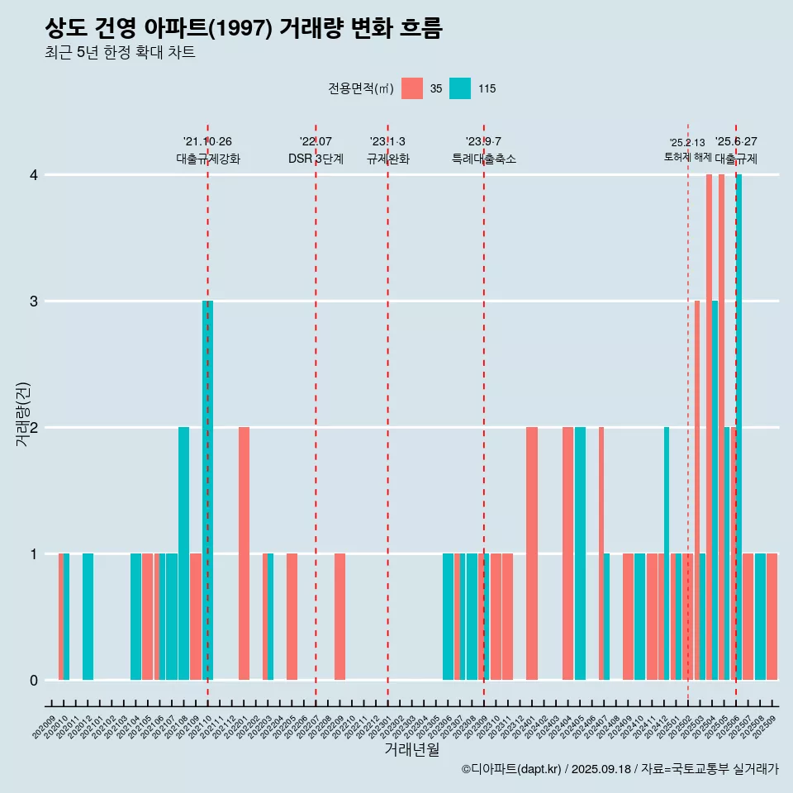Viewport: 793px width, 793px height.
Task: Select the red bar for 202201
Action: coord(244,553)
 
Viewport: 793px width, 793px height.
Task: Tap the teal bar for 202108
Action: coord(183,553)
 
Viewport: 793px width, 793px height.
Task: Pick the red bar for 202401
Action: coord(532,553)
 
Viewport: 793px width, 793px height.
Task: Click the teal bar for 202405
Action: coord(580,553)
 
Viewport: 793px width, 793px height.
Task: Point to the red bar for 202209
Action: coord(340,616)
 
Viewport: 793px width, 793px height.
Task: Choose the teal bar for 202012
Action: coord(88,616)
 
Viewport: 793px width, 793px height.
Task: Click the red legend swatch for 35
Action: coord(412,89)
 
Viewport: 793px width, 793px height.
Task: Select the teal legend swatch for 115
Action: coord(460,89)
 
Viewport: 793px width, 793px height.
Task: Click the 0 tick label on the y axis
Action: coord(34,681)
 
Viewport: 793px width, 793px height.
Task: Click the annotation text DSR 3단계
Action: coord(316,159)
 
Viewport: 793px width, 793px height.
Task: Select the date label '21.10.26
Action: coord(207,142)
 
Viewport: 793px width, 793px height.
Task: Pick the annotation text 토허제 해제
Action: coord(687,157)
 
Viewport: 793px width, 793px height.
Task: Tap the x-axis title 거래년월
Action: coord(411,750)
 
